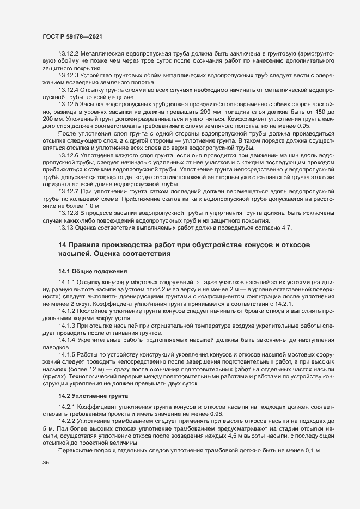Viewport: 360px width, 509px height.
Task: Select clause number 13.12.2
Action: coord(69,53)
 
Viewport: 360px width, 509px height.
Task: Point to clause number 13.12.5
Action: coord(69,103)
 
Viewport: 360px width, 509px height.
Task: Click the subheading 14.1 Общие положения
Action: coord(93,271)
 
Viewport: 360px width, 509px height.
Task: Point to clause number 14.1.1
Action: coord(67,281)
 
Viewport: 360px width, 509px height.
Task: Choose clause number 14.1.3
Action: coord(67,325)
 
